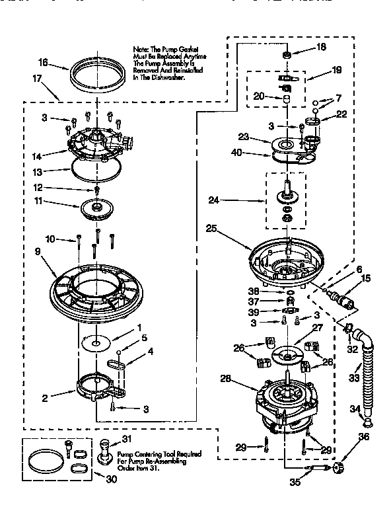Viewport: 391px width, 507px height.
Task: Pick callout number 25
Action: click(211, 228)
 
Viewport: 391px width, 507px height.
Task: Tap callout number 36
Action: click(363, 436)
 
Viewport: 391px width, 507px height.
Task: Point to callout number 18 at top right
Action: click(321, 48)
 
